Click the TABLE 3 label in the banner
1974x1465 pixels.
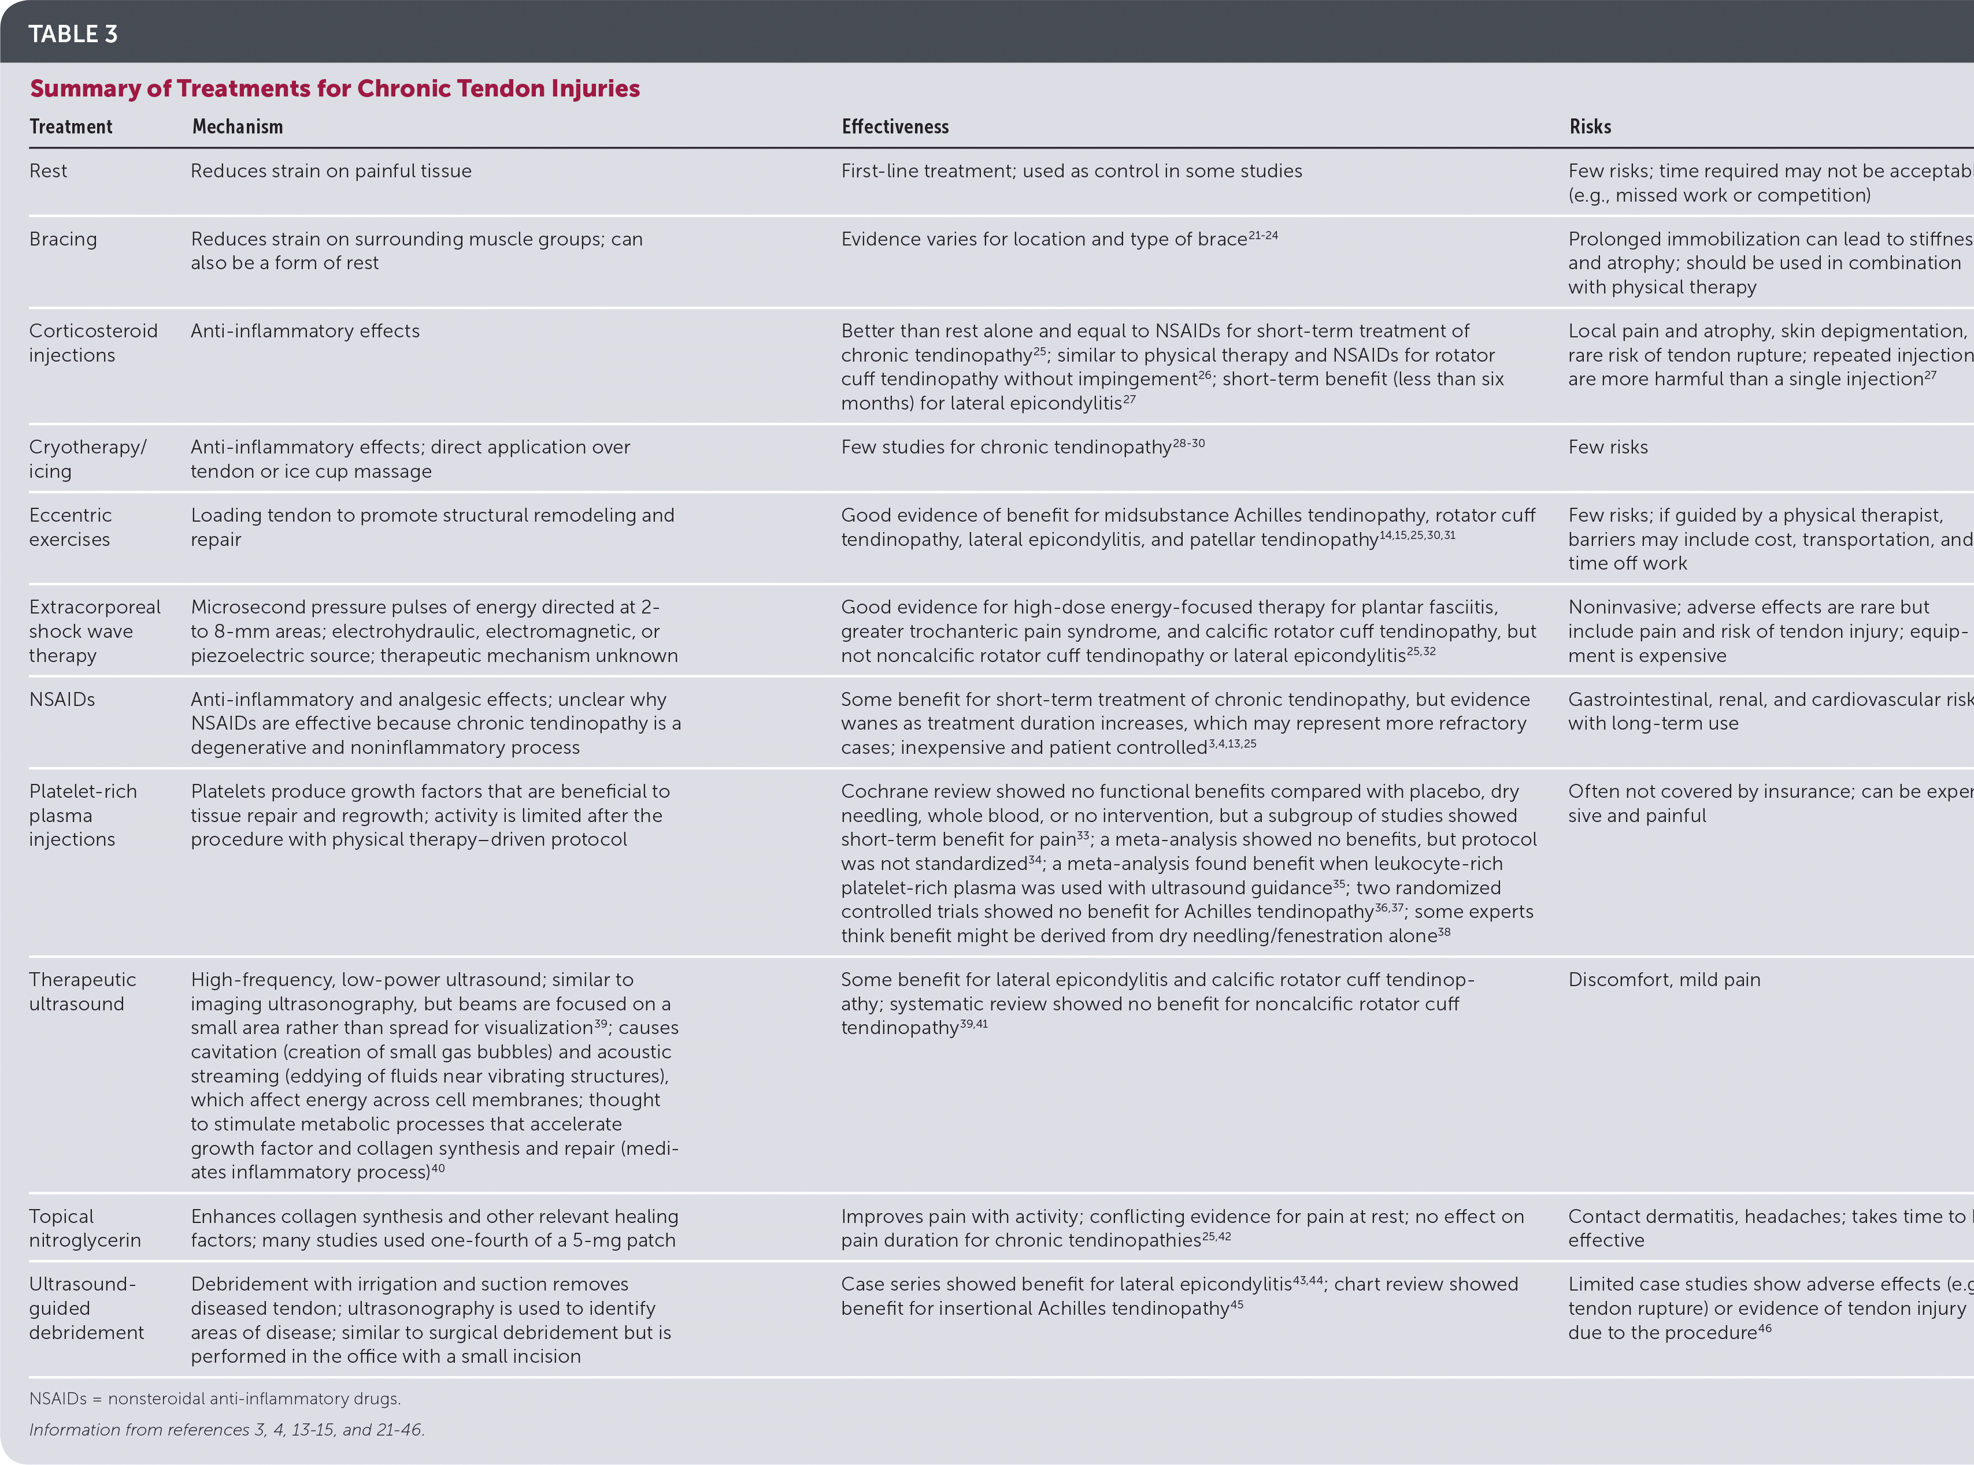click(73, 34)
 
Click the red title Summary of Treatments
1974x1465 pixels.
click(335, 89)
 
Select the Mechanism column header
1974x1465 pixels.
click(238, 127)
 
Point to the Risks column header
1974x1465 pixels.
click(1590, 127)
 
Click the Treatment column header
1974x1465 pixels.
click(71, 127)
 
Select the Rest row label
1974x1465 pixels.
click(48, 171)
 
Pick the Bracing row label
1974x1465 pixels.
click(63, 239)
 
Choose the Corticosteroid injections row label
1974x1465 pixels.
click(92, 343)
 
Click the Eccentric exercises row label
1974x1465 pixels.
click(70, 527)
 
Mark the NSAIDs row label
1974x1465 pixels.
click(62, 700)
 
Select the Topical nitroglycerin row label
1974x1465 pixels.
click(84, 1228)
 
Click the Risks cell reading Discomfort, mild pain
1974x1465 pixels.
click(1664, 980)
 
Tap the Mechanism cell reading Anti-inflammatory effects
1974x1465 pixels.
click(305, 331)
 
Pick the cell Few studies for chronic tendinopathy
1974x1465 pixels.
click(1022, 447)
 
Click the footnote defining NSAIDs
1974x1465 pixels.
click(214, 1399)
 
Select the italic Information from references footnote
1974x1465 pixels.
click(226, 1430)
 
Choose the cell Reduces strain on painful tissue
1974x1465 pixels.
click(331, 171)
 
